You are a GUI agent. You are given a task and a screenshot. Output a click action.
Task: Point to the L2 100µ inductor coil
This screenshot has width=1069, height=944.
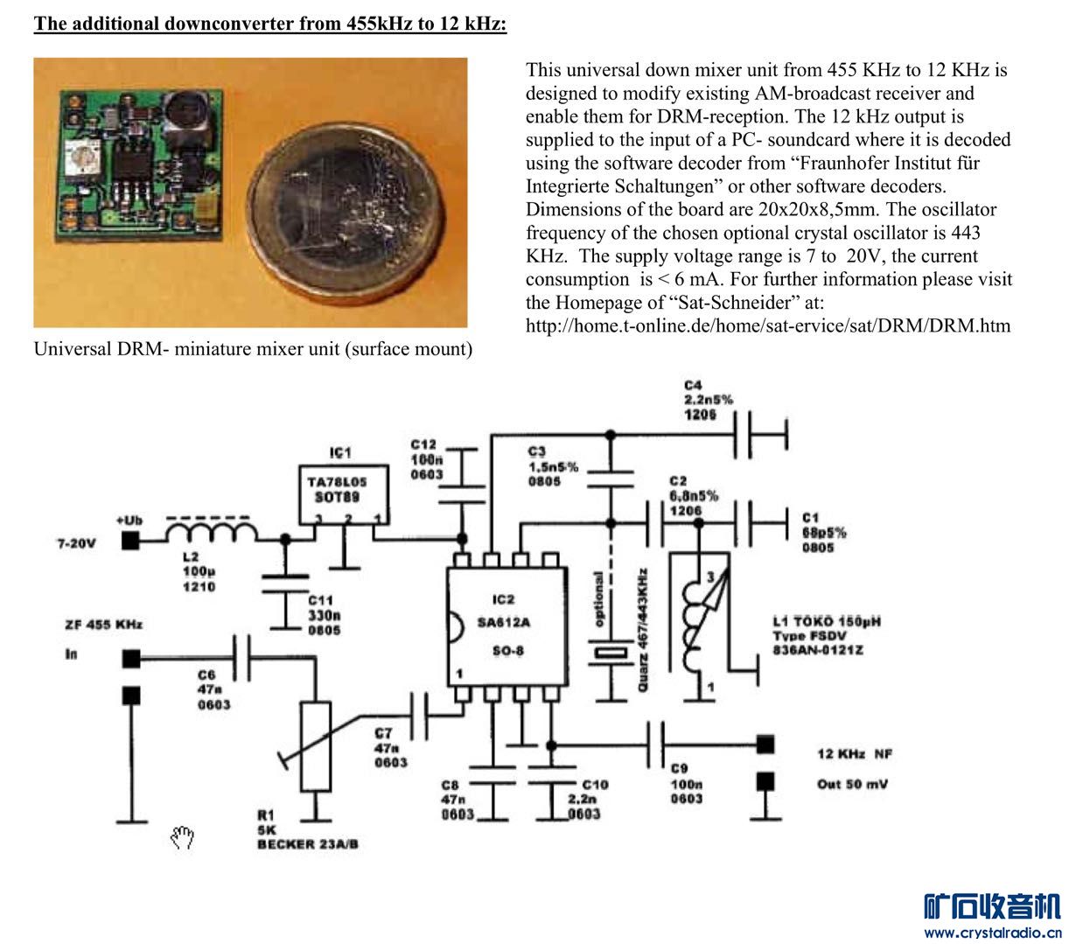coord(212,534)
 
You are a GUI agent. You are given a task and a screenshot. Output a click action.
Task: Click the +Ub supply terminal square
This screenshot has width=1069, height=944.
coord(130,542)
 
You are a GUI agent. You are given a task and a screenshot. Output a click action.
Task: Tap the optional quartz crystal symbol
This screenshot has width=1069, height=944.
coord(610,653)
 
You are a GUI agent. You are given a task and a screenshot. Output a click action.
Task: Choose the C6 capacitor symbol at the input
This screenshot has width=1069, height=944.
coord(242,658)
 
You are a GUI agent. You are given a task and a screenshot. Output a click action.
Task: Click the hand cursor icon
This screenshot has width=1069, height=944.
coord(182,838)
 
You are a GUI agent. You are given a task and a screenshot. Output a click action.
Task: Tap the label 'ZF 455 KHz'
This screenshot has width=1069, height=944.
coord(103,625)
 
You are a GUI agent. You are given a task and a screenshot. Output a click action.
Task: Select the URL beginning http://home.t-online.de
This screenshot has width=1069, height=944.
coord(767,326)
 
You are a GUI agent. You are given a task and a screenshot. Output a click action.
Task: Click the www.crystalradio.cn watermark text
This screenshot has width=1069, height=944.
coord(993,933)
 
